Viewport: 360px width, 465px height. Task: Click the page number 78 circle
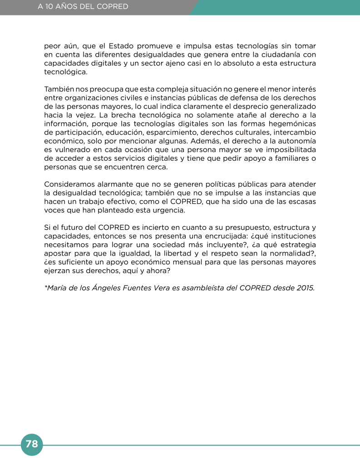click(x=32, y=444)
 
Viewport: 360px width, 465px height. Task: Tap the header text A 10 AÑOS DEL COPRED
click(x=83, y=7)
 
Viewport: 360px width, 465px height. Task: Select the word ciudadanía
click(x=278, y=55)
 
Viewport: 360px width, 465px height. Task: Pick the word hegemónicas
click(x=291, y=124)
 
